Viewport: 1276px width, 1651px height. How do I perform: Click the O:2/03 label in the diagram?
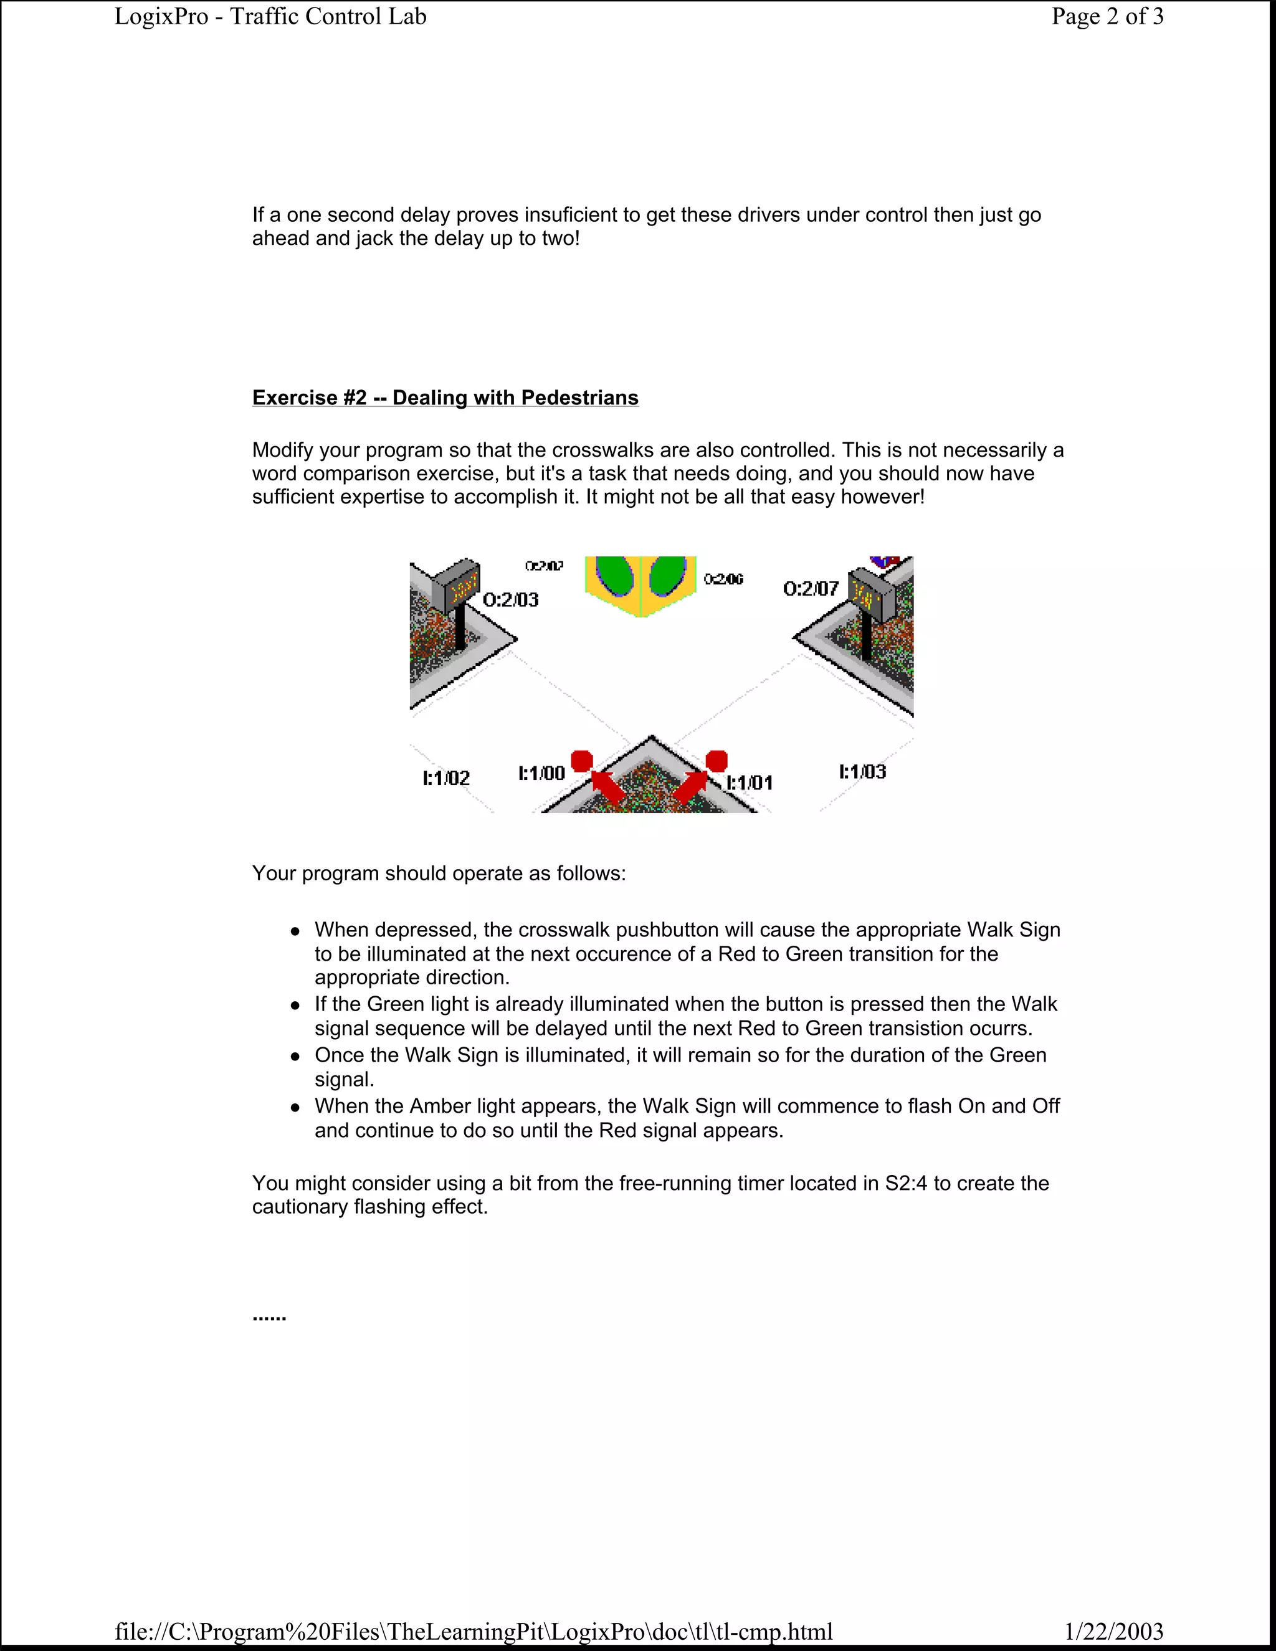[511, 600]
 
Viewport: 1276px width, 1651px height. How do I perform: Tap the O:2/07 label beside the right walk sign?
[811, 589]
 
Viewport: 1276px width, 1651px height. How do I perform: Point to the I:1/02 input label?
[446, 778]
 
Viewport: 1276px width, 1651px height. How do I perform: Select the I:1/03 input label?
[862, 772]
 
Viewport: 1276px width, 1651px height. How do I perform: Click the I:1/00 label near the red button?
[541, 773]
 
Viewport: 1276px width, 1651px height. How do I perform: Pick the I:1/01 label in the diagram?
[750, 783]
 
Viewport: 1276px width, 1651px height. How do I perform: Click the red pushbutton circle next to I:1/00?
[581, 761]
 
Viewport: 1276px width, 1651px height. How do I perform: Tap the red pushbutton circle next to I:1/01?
[716, 761]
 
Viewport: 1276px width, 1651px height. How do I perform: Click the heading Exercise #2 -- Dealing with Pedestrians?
[445, 397]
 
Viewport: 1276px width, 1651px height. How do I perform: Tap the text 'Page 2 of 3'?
[1107, 17]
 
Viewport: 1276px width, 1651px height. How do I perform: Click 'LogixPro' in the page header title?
[161, 17]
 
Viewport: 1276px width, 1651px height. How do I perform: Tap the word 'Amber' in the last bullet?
[439, 1106]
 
